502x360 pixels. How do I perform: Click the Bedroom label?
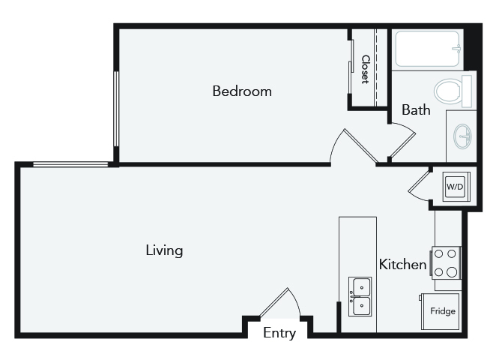point(242,91)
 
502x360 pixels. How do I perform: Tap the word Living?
point(164,250)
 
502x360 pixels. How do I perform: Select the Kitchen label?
point(402,265)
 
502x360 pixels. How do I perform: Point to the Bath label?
point(416,110)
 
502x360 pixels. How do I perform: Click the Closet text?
point(366,70)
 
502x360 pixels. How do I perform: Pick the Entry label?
point(279,333)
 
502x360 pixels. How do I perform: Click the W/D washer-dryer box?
point(456,187)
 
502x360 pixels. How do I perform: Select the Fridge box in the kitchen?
point(441,311)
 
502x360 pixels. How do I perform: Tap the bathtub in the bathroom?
point(427,49)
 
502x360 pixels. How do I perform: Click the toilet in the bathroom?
point(453,91)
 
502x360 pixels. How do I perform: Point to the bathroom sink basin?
point(463,136)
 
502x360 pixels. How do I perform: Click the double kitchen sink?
point(360,296)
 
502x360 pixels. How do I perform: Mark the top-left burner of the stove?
point(438,254)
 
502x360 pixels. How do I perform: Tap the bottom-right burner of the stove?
point(452,272)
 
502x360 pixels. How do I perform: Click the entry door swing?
point(279,302)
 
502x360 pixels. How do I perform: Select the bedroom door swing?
point(354,145)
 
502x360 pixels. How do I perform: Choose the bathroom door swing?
point(402,141)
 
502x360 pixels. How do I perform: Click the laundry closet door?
point(418,185)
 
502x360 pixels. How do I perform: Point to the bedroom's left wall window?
point(116,109)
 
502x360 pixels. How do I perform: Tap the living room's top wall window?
point(70,164)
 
